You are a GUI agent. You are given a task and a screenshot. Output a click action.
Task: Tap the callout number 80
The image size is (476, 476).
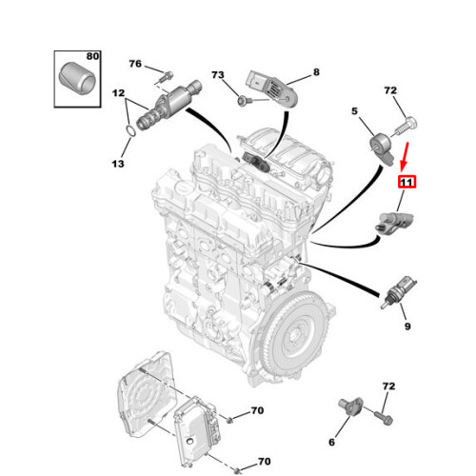coord(91,56)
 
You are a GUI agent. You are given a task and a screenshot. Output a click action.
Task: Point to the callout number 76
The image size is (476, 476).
coord(134,64)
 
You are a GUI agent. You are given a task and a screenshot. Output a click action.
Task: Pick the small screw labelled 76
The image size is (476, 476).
coord(165,73)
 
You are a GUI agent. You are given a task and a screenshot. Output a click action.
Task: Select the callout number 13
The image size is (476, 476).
coord(116,165)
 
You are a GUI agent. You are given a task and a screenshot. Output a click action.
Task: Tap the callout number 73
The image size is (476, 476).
coord(217,74)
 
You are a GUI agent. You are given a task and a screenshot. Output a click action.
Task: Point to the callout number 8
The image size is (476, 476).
coord(316,70)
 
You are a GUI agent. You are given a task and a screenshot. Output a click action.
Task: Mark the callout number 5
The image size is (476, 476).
coord(355,111)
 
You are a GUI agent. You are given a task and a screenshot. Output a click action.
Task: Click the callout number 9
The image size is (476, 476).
coord(407,327)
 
